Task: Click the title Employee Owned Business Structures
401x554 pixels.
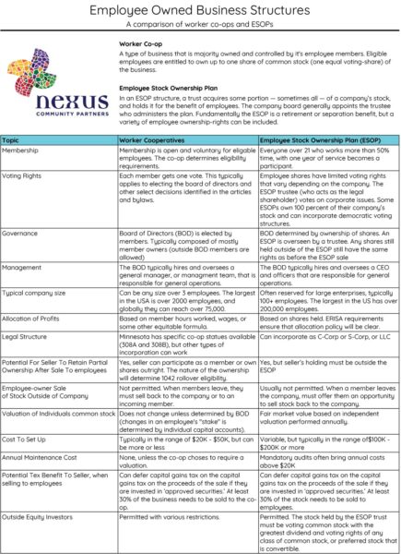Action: (200, 10)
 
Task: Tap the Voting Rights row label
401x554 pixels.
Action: (25, 175)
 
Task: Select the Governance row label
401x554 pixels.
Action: (23, 233)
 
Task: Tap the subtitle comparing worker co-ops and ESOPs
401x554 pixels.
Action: (200, 26)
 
